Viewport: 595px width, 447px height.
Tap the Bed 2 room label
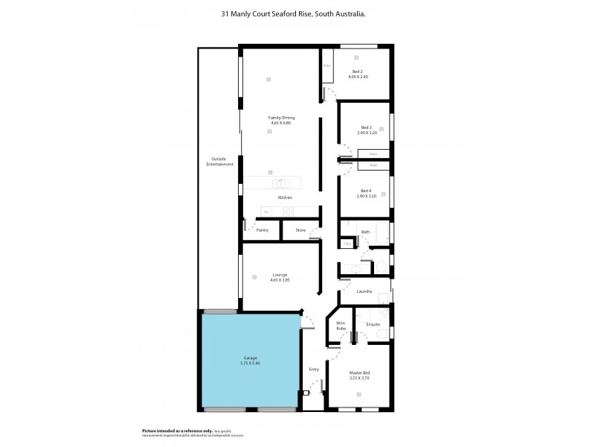click(357, 72)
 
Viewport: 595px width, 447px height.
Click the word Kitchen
click(285, 197)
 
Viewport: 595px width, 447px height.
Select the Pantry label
click(262, 230)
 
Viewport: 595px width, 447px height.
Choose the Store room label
click(300, 230)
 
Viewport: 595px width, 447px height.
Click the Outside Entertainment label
click(218, 161)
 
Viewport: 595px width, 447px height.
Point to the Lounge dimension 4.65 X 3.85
click(280, 280)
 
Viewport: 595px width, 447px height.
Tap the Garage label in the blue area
click(250, 358)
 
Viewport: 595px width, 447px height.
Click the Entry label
click(314, 369)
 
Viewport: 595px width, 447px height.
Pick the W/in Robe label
click(341, 326)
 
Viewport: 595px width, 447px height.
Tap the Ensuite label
click(373, 324)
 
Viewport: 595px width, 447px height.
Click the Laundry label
click(364, 291)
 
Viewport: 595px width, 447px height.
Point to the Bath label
click(365, 232)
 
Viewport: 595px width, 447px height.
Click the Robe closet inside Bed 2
click(327, 66)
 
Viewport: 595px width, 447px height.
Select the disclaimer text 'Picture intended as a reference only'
click(176, 431)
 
